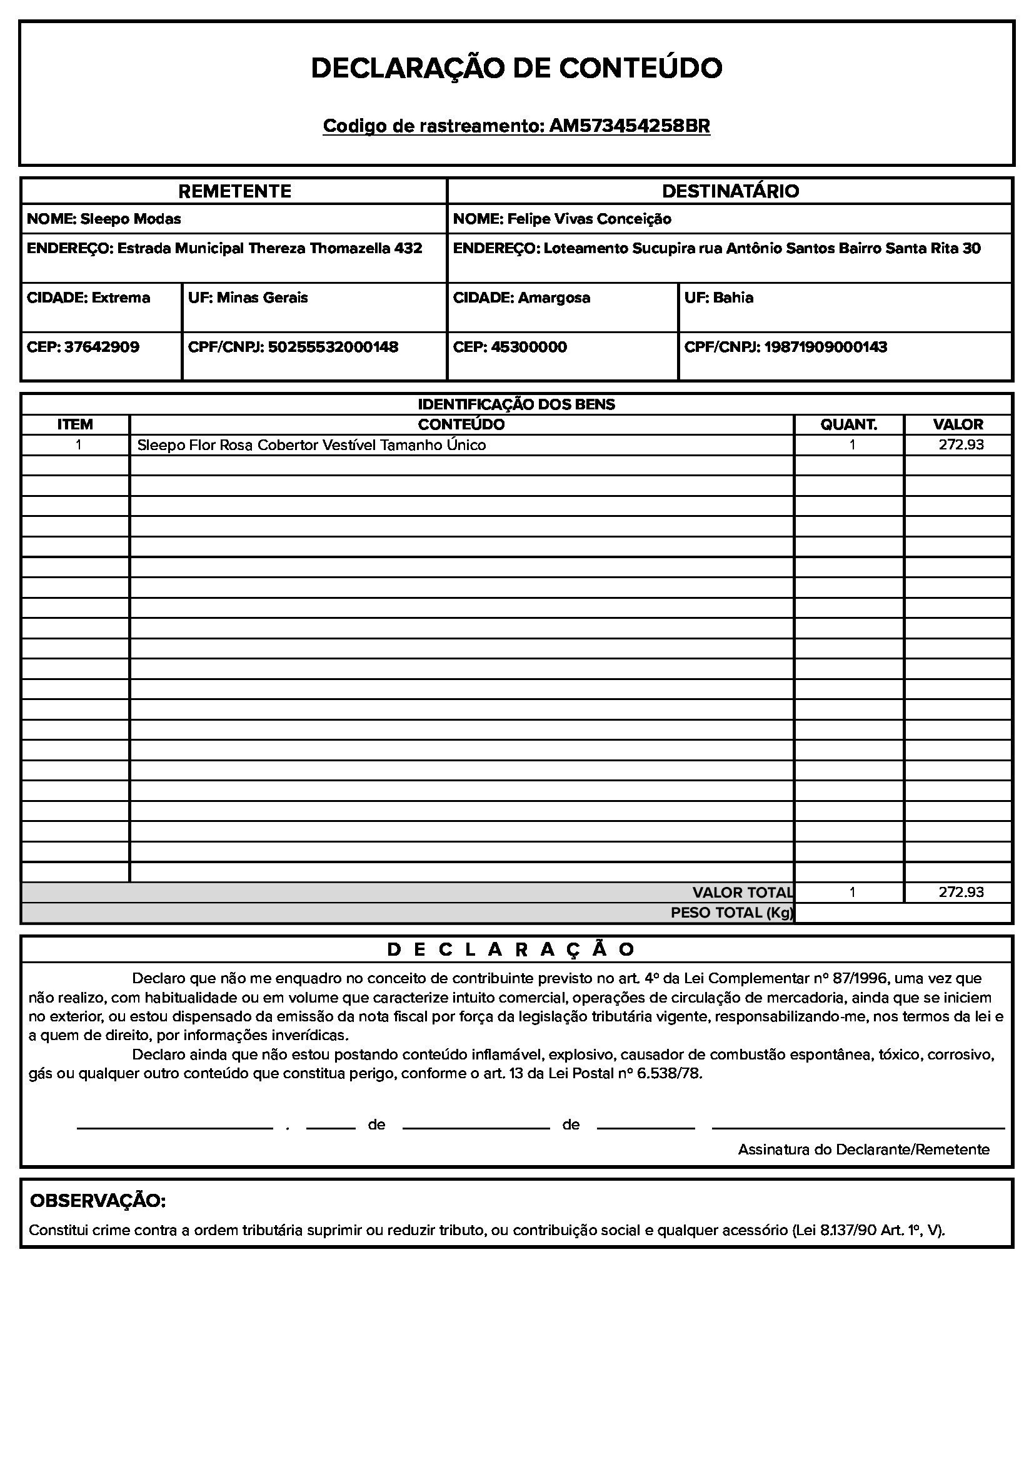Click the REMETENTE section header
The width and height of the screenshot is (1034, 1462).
[x=234, y=191]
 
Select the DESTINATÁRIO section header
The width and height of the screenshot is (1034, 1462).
[x=730, y=191]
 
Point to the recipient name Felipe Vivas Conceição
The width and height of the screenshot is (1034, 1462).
[x=589, y=219]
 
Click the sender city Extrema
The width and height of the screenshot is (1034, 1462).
[x=121, y=298]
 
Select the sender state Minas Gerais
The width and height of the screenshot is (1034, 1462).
[x=263, y=298]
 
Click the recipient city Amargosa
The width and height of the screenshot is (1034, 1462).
[x=554, y=298]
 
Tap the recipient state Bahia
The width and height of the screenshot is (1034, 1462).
[x=733, y=298]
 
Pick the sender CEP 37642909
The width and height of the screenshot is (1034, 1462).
[x=102, y=347]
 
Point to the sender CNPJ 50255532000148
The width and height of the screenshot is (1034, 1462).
[x=333, y=347]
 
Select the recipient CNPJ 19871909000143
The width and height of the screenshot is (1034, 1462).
[x=825, y=347]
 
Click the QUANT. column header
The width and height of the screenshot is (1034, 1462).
[x=849, y=424]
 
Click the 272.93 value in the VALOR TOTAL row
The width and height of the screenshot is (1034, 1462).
[x=961, y=892]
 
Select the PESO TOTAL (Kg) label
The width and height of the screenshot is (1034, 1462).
[x=731, y=913]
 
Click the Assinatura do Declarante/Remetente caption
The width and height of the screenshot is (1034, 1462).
[x=863, y=1149]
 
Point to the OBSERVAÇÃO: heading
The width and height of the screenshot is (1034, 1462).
[x=98, y=1201]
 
